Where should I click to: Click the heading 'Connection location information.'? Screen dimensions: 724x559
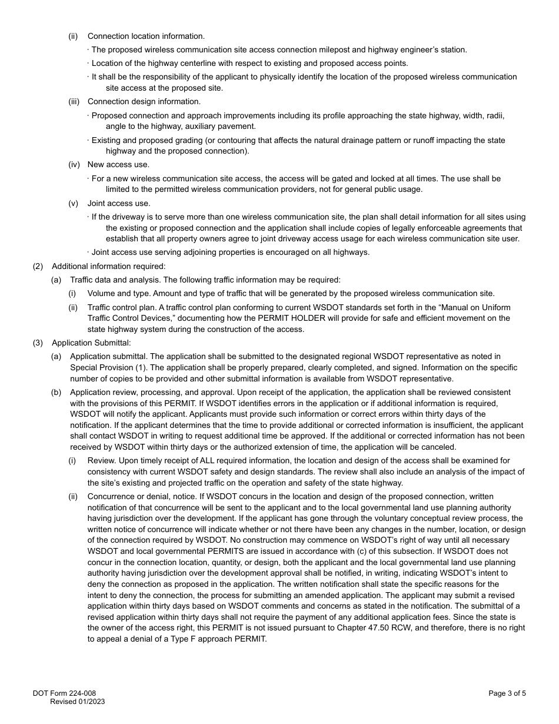146,36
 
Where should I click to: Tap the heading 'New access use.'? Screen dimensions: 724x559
118,164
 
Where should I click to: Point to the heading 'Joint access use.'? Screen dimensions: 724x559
119,204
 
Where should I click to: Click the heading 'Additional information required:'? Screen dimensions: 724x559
109,267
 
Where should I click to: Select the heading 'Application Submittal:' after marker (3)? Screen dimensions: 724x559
91,343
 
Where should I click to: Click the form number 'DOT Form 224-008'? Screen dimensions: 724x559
64,693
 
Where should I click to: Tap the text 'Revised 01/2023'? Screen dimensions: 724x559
77,702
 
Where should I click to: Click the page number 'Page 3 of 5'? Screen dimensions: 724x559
507,693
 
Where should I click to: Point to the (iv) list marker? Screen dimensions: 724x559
74,164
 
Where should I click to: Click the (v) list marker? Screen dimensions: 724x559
74,204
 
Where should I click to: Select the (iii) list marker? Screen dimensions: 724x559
74,102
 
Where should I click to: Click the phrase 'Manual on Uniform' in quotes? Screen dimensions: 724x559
477,308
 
